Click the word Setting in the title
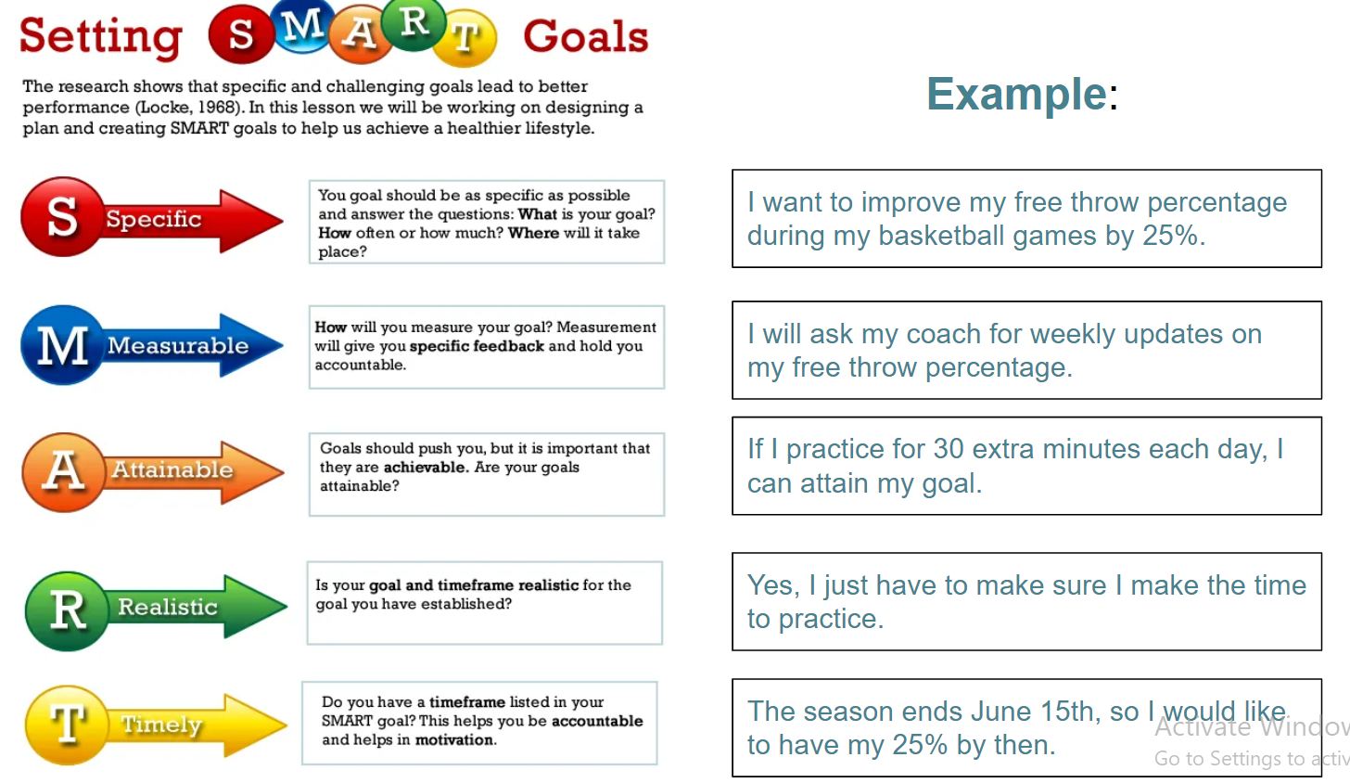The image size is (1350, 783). pos(101,37)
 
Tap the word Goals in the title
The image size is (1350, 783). pos(586,36)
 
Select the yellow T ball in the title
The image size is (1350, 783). pos(465,37)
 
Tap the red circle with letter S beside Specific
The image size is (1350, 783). pos(62,216)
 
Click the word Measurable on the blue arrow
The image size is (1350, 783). pos(178,345)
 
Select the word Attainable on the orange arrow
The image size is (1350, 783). pos(172,469)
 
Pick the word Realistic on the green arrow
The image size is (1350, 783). pos(168,606)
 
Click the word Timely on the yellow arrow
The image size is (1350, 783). pos(161,725)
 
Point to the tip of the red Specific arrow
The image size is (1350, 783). pos(283,220)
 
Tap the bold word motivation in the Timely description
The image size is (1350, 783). pos(454,739)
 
